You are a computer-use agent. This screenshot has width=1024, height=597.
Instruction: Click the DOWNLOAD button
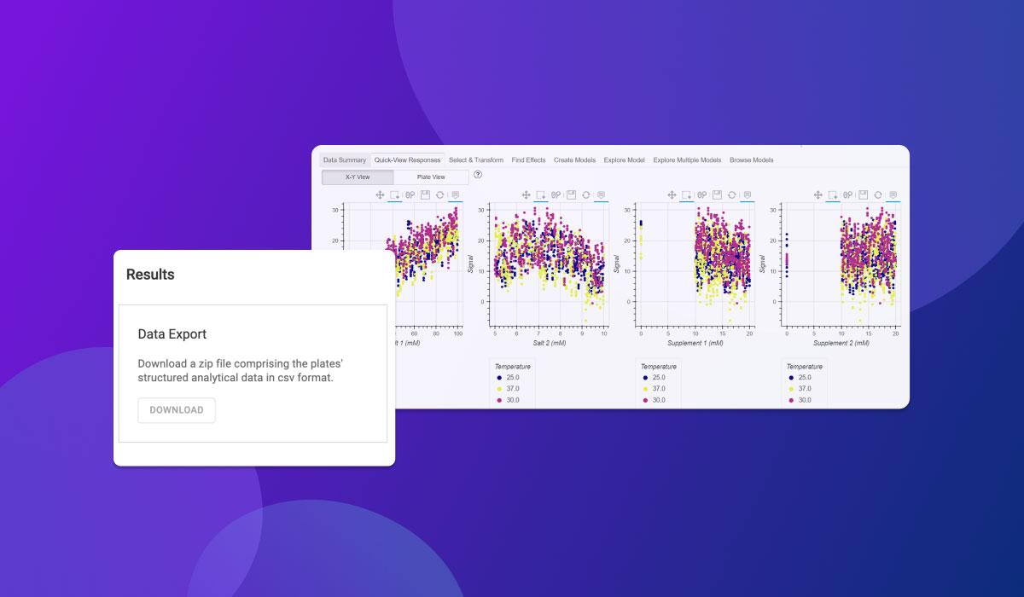coord(177,410)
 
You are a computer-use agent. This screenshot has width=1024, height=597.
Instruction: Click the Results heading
coord(150,275)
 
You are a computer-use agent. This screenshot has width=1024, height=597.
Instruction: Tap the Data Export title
coord(172,334)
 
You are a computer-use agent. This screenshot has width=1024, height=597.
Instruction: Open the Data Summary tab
coord(344,160)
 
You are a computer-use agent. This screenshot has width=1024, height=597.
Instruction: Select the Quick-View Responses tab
coord(407,160)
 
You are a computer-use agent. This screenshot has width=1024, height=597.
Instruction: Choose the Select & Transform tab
coord(476,160)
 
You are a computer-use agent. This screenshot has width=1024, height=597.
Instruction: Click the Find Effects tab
coord(528,160)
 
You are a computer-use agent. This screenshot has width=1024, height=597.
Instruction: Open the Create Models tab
coord(574,160)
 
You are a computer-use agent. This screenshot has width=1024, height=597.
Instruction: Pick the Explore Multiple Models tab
coord(687,160)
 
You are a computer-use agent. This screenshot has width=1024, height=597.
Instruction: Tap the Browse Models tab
coord(751,160)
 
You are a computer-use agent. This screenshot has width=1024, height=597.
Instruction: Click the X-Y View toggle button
coord(358,177)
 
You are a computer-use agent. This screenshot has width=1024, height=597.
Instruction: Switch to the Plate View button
coord(431,177)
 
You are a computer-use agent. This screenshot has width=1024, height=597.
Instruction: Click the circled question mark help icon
coord(478,175)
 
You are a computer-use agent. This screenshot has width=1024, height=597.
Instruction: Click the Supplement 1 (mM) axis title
coord(695,343)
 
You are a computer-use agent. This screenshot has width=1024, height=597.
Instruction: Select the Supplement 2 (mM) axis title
coord(841,343)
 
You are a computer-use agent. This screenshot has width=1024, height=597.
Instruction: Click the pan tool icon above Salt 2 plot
coord(527,195)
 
